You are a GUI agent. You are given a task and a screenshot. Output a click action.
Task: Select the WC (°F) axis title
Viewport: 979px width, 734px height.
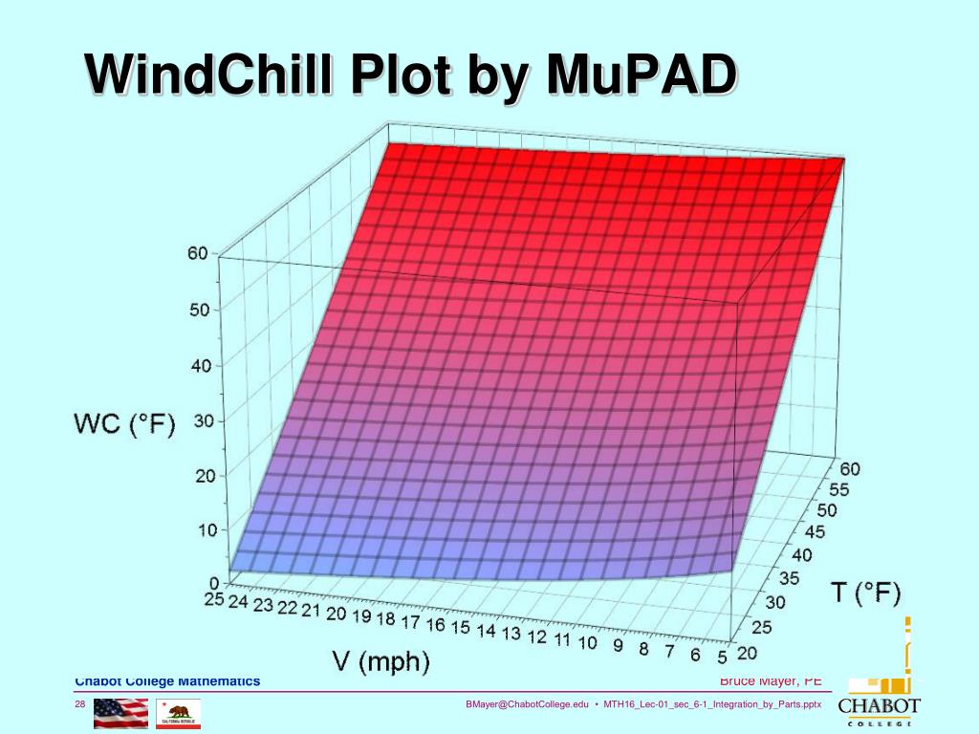pyautogui.click(x=125, y=425)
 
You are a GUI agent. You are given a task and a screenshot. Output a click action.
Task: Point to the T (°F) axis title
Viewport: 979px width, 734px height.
pyautogui.click(x=865, y=593)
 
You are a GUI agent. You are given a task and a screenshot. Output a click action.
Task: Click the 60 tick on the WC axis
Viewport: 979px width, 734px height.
pyautogui.click(x=197, y=254)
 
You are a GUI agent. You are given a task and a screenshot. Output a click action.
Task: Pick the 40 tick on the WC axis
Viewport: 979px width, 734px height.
pyautogui.click(x=200, y=366)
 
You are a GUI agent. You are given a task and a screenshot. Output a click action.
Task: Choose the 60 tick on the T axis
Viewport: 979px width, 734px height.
pyautogui.click(x=850, y=467)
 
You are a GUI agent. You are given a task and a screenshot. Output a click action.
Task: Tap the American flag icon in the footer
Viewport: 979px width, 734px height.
pyautogui.click(x=120, y=713)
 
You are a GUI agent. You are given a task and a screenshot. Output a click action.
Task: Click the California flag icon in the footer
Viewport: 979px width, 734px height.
pyautogui.click(x=179, y=713)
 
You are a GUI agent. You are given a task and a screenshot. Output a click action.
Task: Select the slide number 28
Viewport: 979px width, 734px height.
pyautogui.click(x=81, y=705)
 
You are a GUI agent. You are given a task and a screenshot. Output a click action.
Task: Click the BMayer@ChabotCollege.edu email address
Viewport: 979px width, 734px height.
pyautogui.click(x=527, y=705)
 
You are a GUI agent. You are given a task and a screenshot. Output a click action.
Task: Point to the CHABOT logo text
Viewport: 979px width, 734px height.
pyautogui.click(x=879, y=706)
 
